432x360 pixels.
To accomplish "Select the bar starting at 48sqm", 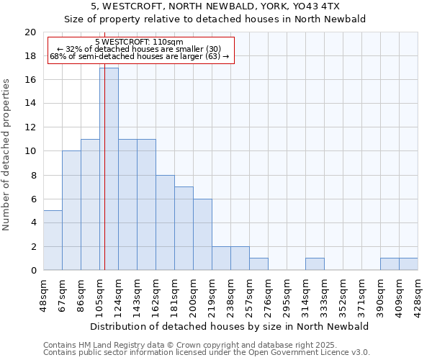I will (x=53, y=240).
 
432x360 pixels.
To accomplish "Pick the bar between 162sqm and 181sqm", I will (x=165, y=222).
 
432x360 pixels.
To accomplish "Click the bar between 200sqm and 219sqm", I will (x=202, y=235).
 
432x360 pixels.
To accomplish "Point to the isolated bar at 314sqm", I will (x=315, y=264).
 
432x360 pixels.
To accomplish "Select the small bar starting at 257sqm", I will (x=258, y=264).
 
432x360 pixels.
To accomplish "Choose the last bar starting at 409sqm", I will (x=408, y=264).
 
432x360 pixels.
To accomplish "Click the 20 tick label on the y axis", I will (x=30, y=32).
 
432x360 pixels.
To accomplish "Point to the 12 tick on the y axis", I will (x=30, y=127).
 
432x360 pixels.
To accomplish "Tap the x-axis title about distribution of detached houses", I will (x=230, y=326).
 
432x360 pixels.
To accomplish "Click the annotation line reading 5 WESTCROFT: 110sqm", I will (x=139, y=42).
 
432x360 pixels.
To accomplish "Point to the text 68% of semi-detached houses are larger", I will (x=139, y=56).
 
